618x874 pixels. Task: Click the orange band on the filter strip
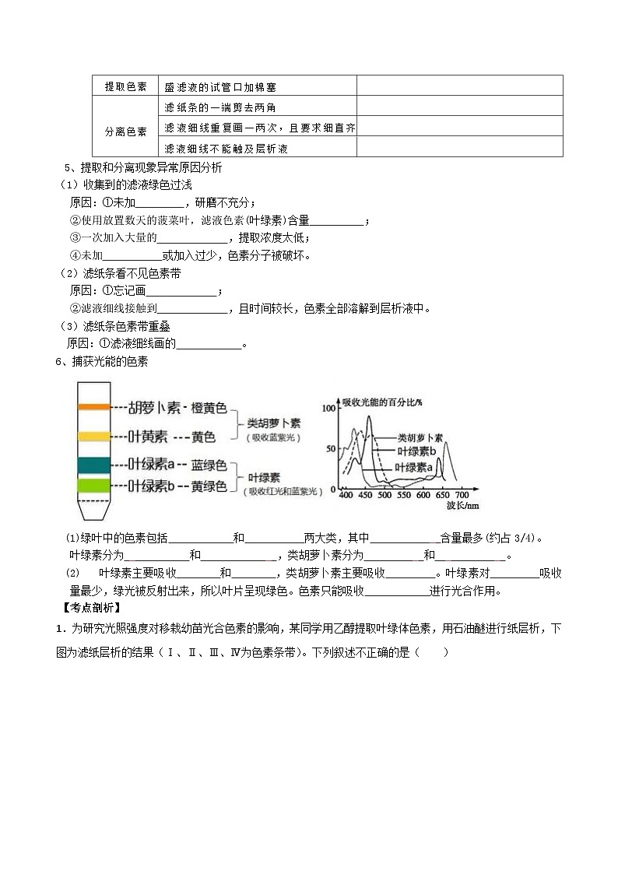tap(93, 406)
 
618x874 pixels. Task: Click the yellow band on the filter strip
tap(93, 436)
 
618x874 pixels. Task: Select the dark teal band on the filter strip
tap(93, 465)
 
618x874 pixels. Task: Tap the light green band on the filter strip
tap(93, 486)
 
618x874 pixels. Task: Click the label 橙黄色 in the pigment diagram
tap(209, 407)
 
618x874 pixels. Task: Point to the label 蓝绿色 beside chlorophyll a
tap(209, 465)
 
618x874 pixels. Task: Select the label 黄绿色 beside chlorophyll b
tap(209, 486)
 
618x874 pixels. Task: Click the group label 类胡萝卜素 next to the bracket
tap(273, 423)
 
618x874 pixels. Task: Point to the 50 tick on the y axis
tap(330, 449)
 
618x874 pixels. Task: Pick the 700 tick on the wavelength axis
tap(461, 495)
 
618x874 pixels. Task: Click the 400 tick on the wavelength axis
tap(346, 495)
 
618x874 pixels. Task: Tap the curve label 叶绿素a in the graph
tap(413, 467)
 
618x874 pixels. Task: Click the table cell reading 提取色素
tap(126, 86)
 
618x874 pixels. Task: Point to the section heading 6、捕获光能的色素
tap(100, 361)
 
